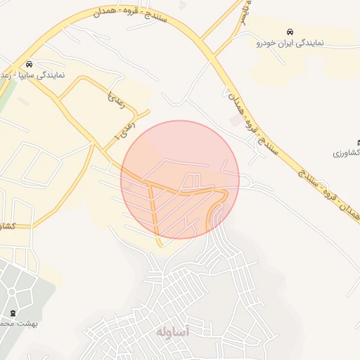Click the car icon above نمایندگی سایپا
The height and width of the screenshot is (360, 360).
pos(28,63)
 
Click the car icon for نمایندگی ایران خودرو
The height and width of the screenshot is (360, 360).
pos(290,32)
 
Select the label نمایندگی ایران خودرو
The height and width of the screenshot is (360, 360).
pos(290,43)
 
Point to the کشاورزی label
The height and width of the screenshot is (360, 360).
pos(347,153)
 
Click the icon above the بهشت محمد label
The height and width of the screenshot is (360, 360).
pos(13,313)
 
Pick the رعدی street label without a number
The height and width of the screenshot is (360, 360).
pos(117,100)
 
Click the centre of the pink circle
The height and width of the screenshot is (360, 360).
pos(180,179)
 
